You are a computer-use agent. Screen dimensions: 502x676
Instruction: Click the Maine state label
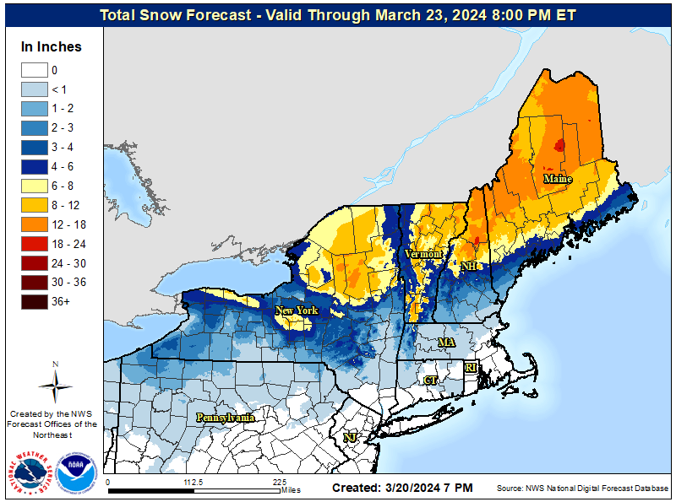click(557, 179)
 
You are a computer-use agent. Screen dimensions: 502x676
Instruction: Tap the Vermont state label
click(423, 253)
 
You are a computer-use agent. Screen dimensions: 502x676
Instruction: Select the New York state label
click(297, 310)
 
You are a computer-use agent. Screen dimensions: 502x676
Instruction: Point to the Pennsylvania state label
click(226, 417)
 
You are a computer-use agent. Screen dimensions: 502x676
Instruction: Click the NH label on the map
click(468, 266)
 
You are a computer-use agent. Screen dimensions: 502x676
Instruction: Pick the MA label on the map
click(446, 343)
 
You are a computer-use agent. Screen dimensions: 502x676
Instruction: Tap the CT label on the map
click(430, 381)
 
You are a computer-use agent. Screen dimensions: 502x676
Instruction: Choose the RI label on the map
click(471, 368)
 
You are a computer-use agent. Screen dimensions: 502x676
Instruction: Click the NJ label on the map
click(349, 437)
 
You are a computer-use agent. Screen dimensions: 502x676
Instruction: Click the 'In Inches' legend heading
click(52, 46)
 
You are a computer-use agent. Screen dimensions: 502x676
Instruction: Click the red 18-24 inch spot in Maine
click(559, 145)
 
